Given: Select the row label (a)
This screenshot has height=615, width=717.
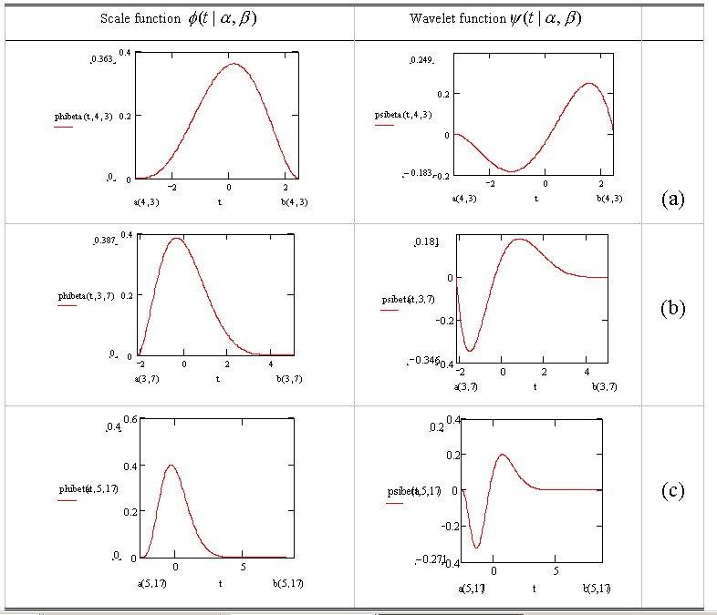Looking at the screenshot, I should [x=671, y=199].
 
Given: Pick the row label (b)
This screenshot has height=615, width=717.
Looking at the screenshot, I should [x=672, y=308].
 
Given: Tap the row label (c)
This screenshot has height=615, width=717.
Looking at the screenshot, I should [x=672, y=491].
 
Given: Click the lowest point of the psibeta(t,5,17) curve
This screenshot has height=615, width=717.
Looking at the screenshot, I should [x=477, y=548].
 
